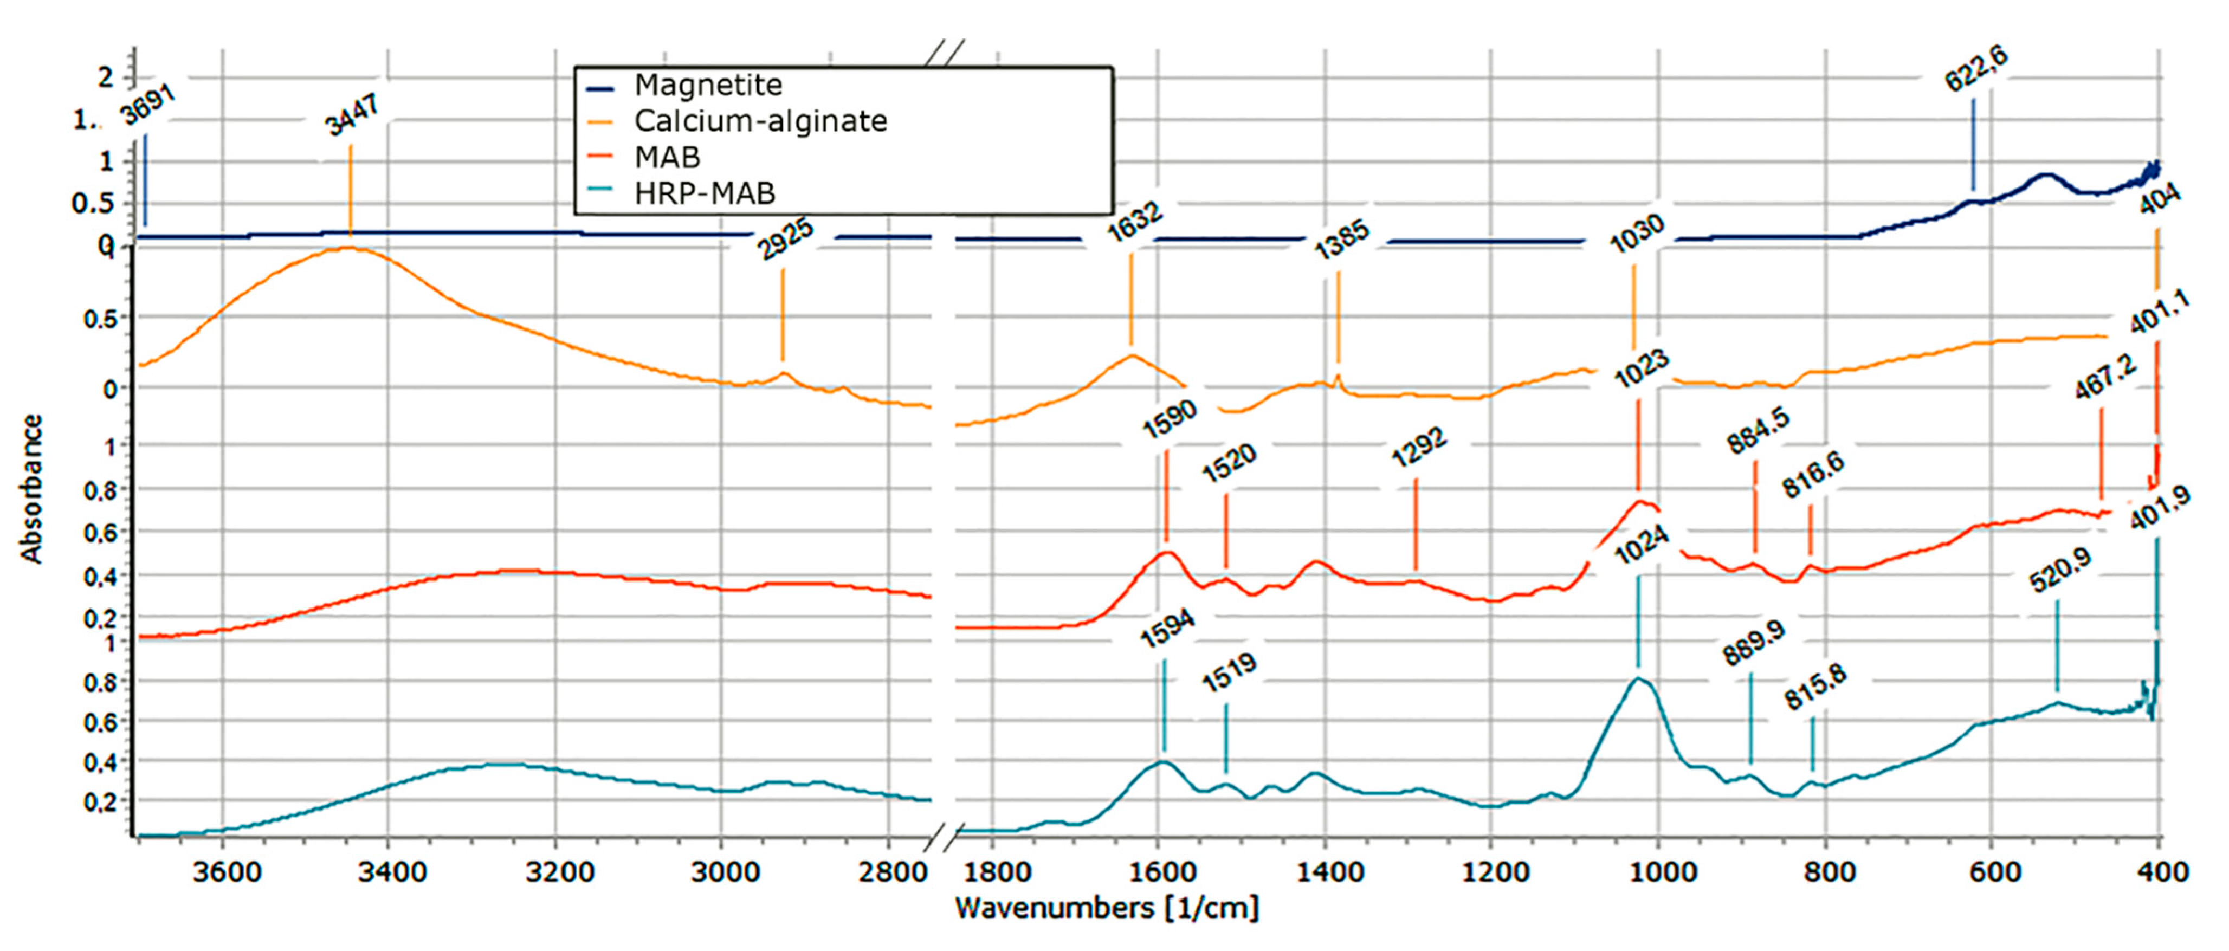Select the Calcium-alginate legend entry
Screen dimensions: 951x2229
coord(760,121)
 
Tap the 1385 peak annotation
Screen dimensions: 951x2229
coord(1341,240)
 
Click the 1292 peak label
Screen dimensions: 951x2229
coord(1418,448)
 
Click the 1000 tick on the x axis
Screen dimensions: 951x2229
coord(1659,871)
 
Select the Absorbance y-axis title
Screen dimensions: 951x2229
coord(32,489)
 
